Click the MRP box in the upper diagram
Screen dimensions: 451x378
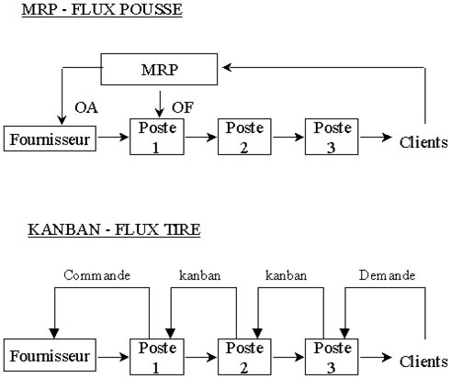[159, 70]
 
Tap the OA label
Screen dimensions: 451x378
[86, 107]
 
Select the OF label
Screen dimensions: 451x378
[183, 107]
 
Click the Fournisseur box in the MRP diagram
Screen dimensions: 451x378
[50, 139]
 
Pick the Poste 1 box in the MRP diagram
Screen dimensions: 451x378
[157, 137]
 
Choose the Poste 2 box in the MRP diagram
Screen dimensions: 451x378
[244, 137]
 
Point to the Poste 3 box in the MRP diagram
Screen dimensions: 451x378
[332, 137]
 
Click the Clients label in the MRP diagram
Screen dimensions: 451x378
[423, 142]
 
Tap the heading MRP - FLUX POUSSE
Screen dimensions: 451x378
[102, 10]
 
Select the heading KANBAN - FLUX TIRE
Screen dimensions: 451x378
[114, 229]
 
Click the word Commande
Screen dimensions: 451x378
[96, 275]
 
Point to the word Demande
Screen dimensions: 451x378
[387, 275]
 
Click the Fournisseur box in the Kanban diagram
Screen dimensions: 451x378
[50, 355]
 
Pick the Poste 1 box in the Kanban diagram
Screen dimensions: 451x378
[157, 357]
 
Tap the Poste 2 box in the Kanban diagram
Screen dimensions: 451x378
[244, 357]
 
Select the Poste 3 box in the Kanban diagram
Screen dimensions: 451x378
[332, 357]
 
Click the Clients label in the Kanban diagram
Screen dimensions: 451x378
[423, 361]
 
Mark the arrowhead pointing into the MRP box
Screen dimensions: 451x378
[227, 67]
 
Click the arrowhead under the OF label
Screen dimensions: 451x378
[159, 112]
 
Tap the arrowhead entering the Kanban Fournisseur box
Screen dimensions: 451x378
[54, 334]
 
